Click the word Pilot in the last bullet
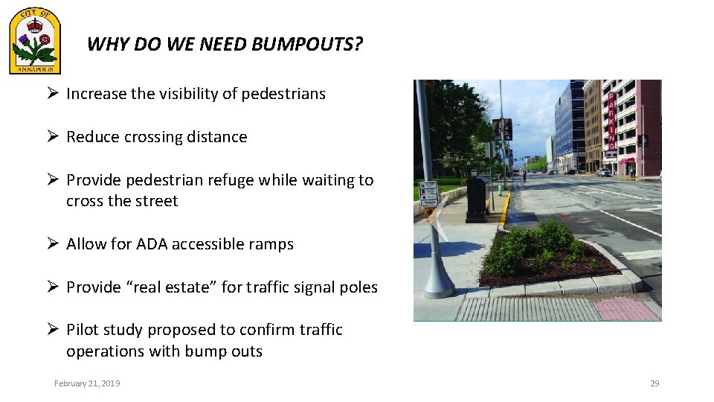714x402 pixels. [82, 330]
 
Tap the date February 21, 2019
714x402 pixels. [87, 383]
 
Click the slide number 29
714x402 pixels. [654, 383]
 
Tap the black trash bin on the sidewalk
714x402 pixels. [477, 199]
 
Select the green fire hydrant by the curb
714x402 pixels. [500, 190]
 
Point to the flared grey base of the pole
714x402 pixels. [437, 279]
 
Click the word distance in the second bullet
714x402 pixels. [216, 137]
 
